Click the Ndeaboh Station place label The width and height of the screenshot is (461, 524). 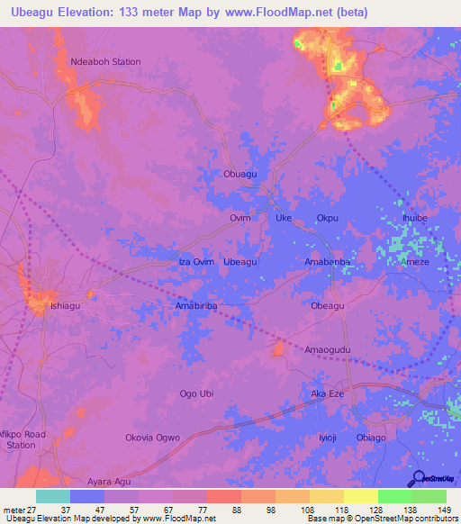point(105,61)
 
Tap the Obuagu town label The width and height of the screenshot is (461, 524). point(240,175)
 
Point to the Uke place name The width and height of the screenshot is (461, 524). point(284,218)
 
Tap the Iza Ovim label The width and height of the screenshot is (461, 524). point(197,261)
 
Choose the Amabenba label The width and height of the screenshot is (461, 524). point(327,261)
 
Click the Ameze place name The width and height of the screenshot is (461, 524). point(415,262)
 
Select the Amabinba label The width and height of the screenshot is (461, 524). point(196,306)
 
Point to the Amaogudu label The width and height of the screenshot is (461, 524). point(327,349)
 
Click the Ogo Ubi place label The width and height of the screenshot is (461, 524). point(197,393)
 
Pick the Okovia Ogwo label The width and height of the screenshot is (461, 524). point(152,438)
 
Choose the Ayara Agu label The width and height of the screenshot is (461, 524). point(109,481)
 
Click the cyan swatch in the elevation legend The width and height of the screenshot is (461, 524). point(53,496)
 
